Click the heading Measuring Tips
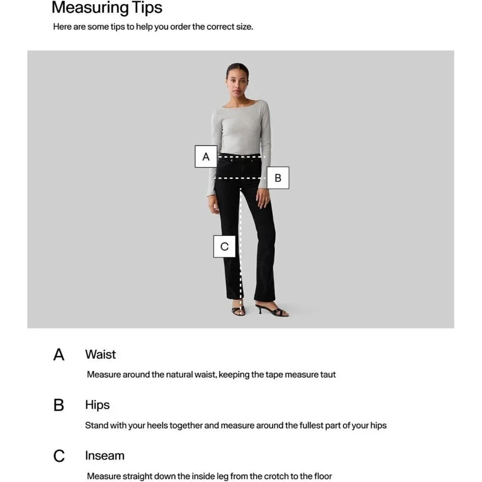click(107, 8)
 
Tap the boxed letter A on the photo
click(206, 157)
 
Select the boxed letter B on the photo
click(278, 178)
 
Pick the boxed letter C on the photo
click(225, 246)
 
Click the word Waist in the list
click(101, 354)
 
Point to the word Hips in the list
click(97, 405)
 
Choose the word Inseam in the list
click(105, 455)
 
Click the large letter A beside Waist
click(59, 355)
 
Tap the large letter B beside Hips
click(59, 405)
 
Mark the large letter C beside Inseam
click(59, 456)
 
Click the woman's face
click(236, 82)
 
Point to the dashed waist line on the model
click(241, 157)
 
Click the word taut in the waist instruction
click(328, 375)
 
